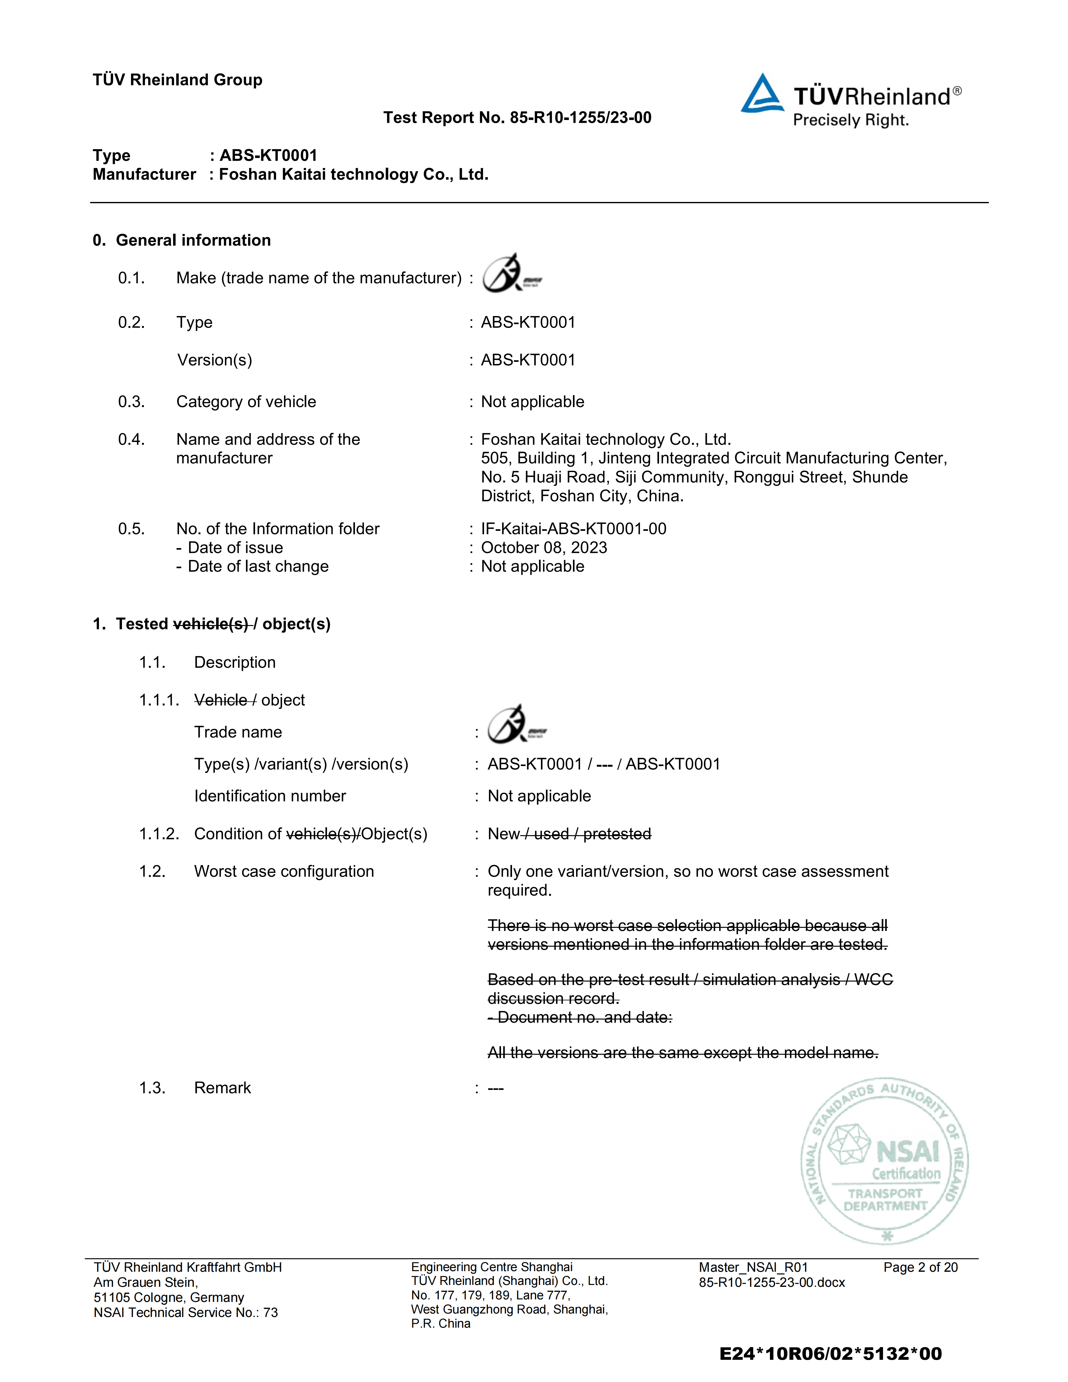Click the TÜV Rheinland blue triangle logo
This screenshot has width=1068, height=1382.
pyautogui.click(x=762, y=95)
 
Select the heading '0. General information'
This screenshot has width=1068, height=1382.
pyautogui.click(x=182, y=241)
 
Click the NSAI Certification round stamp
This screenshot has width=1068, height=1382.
pyautogui.click(x=885, y=1161)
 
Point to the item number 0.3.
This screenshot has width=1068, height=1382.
pyautogui.click(x=131, y=402)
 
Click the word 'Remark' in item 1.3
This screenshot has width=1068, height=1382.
pyautogui.click(x=222, y=1088)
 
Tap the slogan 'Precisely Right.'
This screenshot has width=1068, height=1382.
pyautogui.click(x=850, y=120)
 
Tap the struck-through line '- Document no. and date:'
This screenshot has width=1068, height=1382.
pyautogui.click(x=580, y=1018)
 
